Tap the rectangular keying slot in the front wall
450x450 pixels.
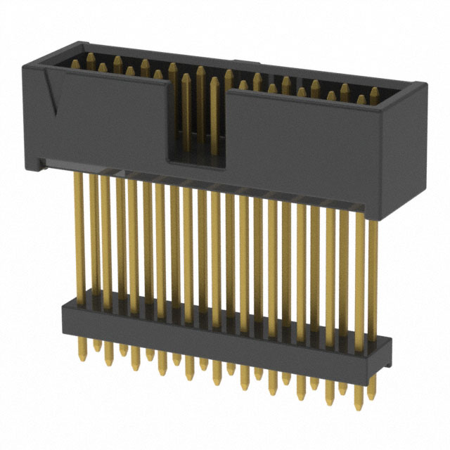tap(196, 120)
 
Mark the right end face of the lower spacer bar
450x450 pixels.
tap(387, 355)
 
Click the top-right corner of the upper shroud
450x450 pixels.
tap(422, 86)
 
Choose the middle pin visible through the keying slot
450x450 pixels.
tap(200, 112)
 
